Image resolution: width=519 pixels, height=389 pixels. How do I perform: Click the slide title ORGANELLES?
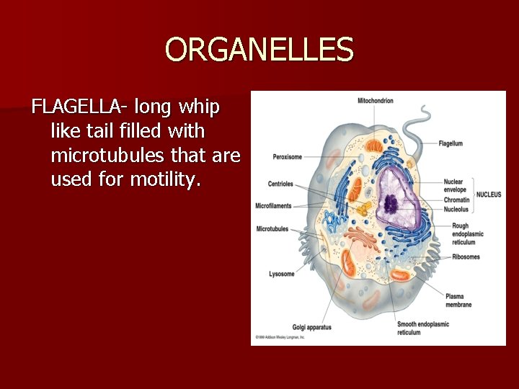pyautogui.click(x=259, y=50)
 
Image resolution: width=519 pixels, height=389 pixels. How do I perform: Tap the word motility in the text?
pyautogui.click(x=162, y=179)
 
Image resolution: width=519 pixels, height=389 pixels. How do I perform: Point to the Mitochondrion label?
pyautogui.click(x=376, y=101)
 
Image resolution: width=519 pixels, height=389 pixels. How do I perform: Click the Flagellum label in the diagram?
pyautogui.click(x=451, y=144)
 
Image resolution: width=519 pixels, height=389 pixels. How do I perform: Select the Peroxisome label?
pyautogui.click(x=287, y=157)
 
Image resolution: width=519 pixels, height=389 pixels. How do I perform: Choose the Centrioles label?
pyautogui.click(x=280, y=184)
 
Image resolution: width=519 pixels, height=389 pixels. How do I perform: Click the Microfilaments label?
pyautogui.click(x=273, y=206)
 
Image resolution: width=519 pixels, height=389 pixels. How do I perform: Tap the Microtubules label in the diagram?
pyautogui.click(x=272, y=229)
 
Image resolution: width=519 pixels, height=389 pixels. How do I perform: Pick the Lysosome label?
pyautogui.click(x=282, y=274)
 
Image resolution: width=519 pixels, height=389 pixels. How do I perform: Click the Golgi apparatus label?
pyautogui.click(x=311, y=327)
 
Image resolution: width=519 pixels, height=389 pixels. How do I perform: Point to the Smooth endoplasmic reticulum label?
pyautogui.click(x=423, y=328)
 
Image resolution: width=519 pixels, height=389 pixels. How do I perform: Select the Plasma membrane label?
pyautogui.click(x=458, y=300)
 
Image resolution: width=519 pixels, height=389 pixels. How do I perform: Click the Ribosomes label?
pyautogui.click(x=466, y=257)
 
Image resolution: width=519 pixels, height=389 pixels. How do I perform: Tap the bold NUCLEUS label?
pyautogui.click(x=489, y=194)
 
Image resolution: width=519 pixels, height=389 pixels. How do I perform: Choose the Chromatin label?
pyautogui.click(x=456, y=200)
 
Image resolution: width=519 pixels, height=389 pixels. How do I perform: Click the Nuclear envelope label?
pyautogui.click(x=453, y=186)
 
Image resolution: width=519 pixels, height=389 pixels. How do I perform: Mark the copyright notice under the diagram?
pyautogui.click(x=280, y=337)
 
